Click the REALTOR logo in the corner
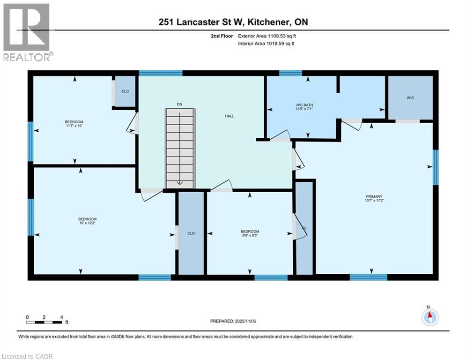pyautogui.click(x=27, y=31)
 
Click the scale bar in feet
pyautogui.click(x=44, y=322)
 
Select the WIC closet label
pyautogui.click(x=410, y=97)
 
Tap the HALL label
pyautogui.click(x=229, y=116)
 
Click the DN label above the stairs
pyautogui.click(x=179, y=104)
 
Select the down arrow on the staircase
pyautogui.click(x=179, y=182)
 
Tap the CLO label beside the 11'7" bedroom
pyautogui.click(x=125, y=91)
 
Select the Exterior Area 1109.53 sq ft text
pyautogui.click(x=266, y=35)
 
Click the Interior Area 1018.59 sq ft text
pyautogui.click(x=266, y=44)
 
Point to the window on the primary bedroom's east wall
pyautogui.click(x=436, y=167)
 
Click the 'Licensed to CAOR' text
pyautogui.click(x=28, y=356)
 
